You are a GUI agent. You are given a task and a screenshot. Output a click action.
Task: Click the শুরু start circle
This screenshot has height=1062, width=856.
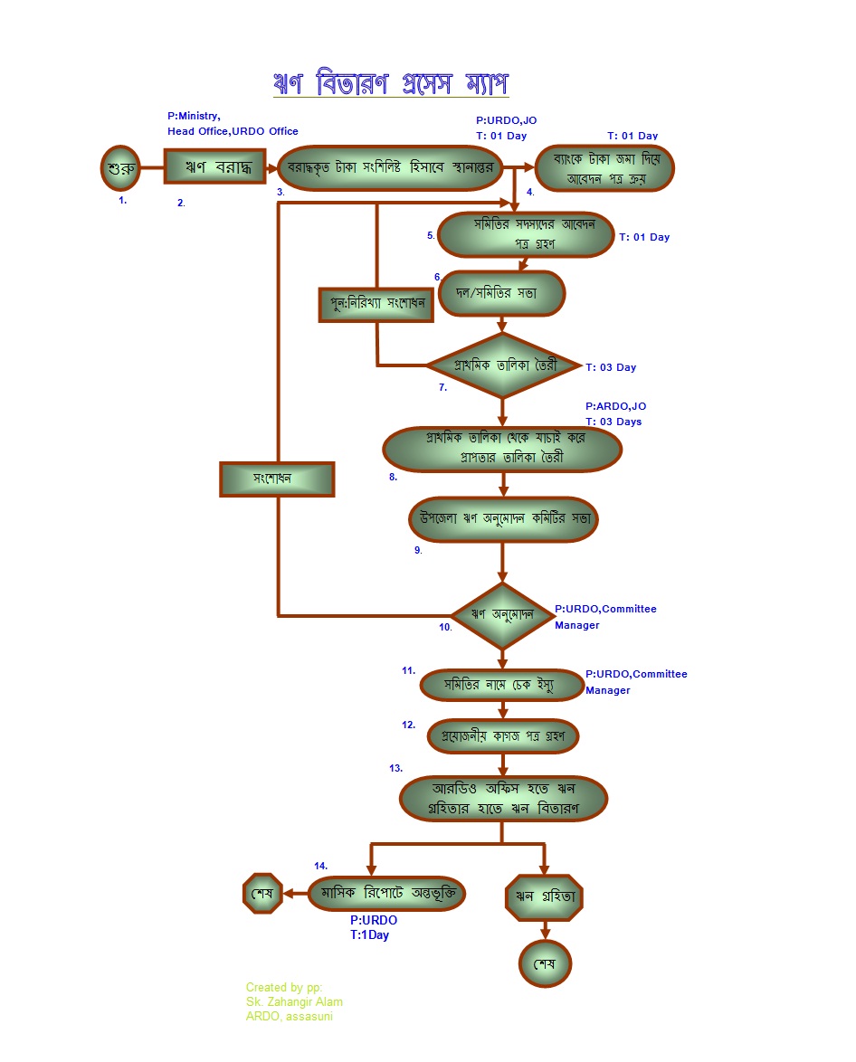(121, 167)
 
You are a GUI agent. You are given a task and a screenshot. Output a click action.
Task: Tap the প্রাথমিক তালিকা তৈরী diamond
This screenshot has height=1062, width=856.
(503, 365)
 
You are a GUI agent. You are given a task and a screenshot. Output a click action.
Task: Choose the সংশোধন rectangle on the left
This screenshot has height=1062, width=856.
(277, 479)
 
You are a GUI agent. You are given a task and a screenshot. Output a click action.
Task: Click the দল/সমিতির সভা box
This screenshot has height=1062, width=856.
(500, 293)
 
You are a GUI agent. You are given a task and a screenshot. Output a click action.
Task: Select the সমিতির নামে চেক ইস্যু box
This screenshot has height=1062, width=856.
(503, 686)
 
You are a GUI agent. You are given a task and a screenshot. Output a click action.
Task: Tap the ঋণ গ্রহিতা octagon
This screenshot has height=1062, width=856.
(545, 896)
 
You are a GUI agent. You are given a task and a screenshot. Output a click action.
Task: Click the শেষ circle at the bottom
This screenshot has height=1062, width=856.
(545, 961)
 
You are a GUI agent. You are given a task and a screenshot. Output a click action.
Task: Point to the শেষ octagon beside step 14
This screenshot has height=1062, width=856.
(262, 893)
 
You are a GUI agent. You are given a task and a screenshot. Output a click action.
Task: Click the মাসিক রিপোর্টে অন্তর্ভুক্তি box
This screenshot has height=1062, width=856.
(386, 893)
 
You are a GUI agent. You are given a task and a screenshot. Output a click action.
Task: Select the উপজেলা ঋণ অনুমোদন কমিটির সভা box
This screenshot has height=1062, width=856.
(503, 519)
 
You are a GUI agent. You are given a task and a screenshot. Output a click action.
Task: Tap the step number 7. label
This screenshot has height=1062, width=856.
(443, 387)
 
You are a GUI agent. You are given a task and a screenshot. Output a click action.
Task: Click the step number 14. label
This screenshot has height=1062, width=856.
(320, 866)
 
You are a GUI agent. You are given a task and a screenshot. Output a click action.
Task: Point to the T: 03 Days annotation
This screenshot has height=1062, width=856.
(613, 422)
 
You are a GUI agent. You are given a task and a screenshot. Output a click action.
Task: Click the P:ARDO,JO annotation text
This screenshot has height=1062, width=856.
(616, 407)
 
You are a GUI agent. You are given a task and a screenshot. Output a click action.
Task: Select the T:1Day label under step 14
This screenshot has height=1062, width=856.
(369, 935)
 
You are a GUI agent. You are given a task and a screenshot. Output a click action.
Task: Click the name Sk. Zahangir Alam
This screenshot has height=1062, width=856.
(294, 1002)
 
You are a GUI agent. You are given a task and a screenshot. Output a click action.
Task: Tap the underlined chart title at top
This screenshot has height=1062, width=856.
(391, 83)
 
